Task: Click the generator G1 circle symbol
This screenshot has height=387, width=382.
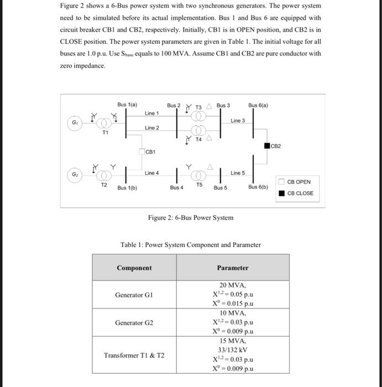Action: pyautogui.click(x=74, y=122)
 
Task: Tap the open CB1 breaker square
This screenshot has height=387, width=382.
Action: pyautogui.click(x=142, y=151)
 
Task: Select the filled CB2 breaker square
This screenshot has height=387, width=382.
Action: pyautogui.click(x=266, y=146)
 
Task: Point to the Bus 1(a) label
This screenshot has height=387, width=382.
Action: pyautogui.click(x=127, y=104)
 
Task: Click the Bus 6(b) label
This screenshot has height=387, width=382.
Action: pyautogui.click(x=258, y=187)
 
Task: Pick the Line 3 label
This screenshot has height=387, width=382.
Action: pyautogui.click(x=237, y=121)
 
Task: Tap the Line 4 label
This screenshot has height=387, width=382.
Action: pyautogui.click(x=152, y=173)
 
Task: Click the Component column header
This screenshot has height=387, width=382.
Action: pyautogui.click(x=134, y=268)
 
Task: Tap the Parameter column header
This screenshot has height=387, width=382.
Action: pyautogui.click(x=233, y=268)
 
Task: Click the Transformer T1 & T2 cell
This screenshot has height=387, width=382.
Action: pyautogui.click(x=134, y=355)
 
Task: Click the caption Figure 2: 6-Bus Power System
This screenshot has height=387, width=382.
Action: pyautogui.click(x=191, y=218)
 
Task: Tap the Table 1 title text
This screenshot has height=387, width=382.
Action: pyautogui.click(x=191, y=244)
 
